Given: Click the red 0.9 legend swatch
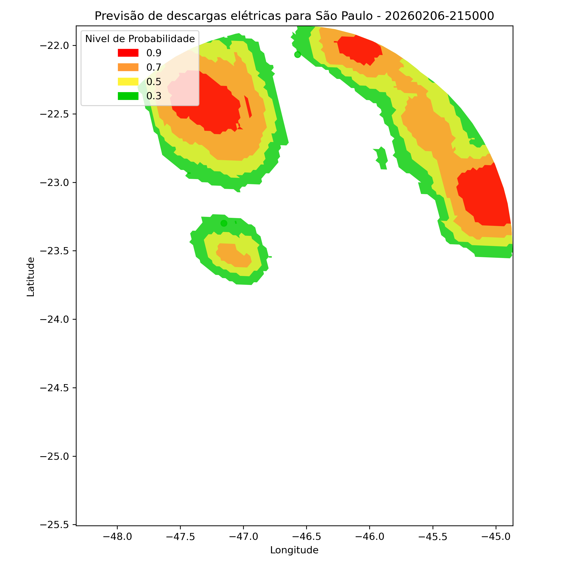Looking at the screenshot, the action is click(128, 53).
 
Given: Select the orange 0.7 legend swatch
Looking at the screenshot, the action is click(128, 67).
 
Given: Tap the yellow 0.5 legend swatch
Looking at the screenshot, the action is click(128, 82).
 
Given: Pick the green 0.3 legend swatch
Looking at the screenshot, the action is click(128, 96).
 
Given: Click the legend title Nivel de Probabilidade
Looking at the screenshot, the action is click(140, 39).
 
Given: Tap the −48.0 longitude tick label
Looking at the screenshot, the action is click(117, 537).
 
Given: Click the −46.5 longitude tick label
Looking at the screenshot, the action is click(306, 537).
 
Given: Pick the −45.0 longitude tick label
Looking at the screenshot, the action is click(496, 537).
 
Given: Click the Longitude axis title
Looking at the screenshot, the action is click(294, 550).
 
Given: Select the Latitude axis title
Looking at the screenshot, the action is click(30, 277).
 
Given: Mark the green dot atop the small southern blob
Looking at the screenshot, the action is click(224, 223).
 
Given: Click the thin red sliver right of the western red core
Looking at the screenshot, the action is click(248, 107).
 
